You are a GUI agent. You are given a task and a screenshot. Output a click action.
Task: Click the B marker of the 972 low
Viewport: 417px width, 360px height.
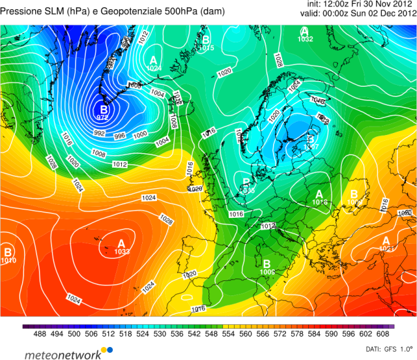[x=102, y=109]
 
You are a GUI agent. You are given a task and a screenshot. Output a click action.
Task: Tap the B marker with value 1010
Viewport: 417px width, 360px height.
[x=8, y=252]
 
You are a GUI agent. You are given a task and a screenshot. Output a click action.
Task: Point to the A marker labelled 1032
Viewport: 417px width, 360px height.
[x=304, y=31]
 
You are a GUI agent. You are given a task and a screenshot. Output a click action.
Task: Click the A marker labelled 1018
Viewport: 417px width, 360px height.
[x=319, y=194]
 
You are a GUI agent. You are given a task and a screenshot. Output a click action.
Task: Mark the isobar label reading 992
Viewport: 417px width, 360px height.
[x=99, y=132]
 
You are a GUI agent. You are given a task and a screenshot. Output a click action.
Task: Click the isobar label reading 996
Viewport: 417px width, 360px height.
[x=120, y=136]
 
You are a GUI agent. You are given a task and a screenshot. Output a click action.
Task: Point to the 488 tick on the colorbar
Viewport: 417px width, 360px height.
[x=39, y=333]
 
